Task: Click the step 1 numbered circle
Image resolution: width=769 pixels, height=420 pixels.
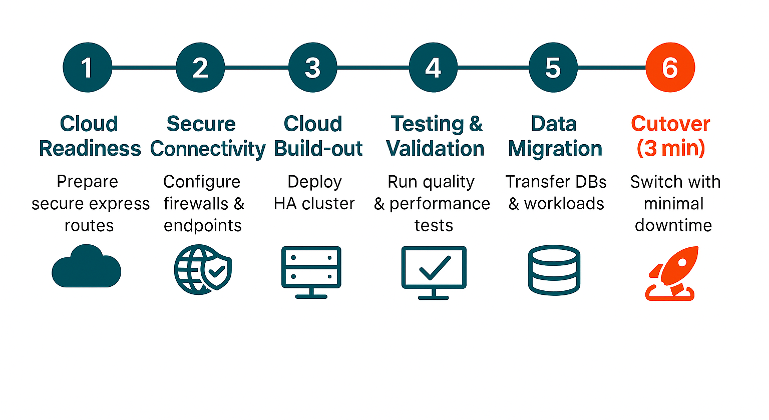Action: pos(87,68)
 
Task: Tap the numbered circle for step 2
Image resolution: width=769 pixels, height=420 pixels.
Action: pos(200,68)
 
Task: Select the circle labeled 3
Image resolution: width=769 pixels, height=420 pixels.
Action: pos(313,68)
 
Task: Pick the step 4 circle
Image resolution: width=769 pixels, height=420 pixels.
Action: pos(433,68)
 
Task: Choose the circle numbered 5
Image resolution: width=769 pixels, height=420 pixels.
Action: pos(553,68)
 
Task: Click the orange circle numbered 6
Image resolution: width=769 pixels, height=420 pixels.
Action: pos(670,68)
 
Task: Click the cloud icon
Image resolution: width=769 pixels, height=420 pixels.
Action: pos(87,267)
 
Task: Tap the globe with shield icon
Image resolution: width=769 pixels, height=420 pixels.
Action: pos(203,269)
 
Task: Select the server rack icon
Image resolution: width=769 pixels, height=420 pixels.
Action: pos(311,272)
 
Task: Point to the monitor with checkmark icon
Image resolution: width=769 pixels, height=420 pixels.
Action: pos(434,272)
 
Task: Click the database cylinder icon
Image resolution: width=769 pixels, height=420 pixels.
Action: pos(554,270)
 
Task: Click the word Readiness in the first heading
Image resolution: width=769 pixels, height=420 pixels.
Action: pos(90,149)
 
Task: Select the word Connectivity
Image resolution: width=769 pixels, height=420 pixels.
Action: pos(208,149)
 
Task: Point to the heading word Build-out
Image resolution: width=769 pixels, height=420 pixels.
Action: pos(318,149)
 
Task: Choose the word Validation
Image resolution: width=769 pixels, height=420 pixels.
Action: pos(435,149)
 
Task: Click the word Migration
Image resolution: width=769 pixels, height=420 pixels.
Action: pos(555,149)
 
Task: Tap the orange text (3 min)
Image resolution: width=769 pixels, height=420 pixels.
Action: pos(671,149)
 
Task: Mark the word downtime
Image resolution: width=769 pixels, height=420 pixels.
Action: pos(673,225)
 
